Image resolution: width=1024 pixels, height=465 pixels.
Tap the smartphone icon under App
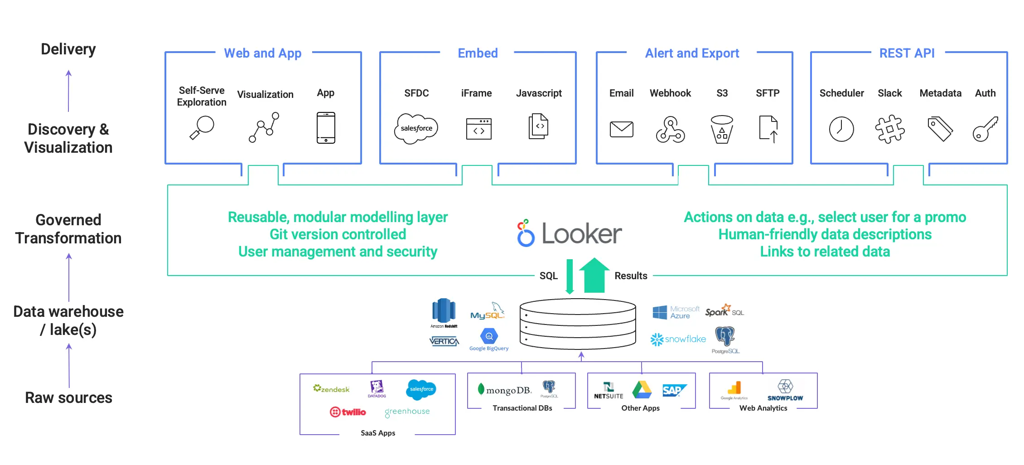(326, 128)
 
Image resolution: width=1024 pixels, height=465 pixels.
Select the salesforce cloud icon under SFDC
(416, 129)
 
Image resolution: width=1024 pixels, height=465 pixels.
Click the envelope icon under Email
(621, 129)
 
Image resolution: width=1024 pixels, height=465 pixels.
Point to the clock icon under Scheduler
(841, 129)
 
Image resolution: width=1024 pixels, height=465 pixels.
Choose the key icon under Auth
(985, 129)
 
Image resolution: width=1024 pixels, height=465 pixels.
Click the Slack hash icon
(890, 129)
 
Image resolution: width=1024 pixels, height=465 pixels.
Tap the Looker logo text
(581, 234)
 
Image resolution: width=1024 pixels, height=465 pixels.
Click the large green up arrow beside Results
(594, 275)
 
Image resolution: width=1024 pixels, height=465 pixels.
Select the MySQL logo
(488, 313)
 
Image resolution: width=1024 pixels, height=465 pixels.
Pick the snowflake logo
(678, 339)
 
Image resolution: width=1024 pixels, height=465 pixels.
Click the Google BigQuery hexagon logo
(489, 337)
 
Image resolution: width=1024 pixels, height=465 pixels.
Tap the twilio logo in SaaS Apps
(348, 412)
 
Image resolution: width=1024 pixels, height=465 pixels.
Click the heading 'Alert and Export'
(692, 53)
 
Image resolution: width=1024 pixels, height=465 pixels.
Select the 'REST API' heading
(907, 53)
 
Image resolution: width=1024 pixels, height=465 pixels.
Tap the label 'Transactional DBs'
(522, 408)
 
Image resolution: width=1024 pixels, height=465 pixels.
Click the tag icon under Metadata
(940, 129)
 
